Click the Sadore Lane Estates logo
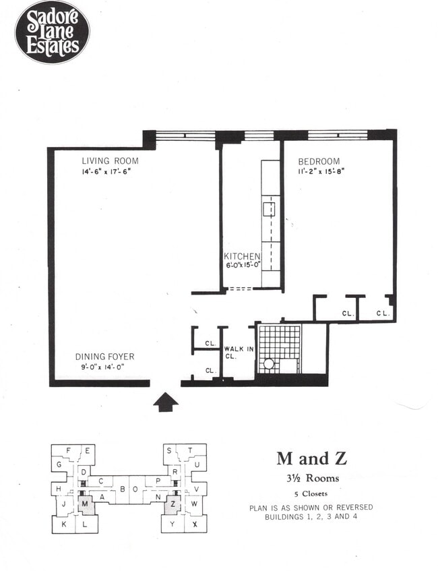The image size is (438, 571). pyautogui.click(x=52, y=32)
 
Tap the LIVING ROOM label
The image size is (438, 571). pyautogui.click(x=110, y=161)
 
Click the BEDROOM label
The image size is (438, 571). pyautogui.click(x=319, y=162)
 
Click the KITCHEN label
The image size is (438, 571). pyautogui.click(x=242, y=256)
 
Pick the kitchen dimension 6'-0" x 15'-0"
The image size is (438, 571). pyautogui.click(x=243, y=266)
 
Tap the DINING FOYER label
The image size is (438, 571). pyautogui.click(x=104, y=357)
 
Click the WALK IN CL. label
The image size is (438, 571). pyautogui.click(x=238, y=352)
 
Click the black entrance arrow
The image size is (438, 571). pyautogui.click(x=165, y=402)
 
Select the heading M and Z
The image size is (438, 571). pyautogui.click(x=311, y=459)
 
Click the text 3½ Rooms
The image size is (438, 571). pyautogui.click(x=311, y=479)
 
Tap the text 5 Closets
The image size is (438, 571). pyautogui.click(x=311, y=493)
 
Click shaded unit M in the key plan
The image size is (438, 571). pyautogui.click(x=85, y=502)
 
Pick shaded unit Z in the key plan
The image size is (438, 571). pyautogui.click(x=173, y=503)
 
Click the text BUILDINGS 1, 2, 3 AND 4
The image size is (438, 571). pyautogui.click(x=311, y=516)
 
